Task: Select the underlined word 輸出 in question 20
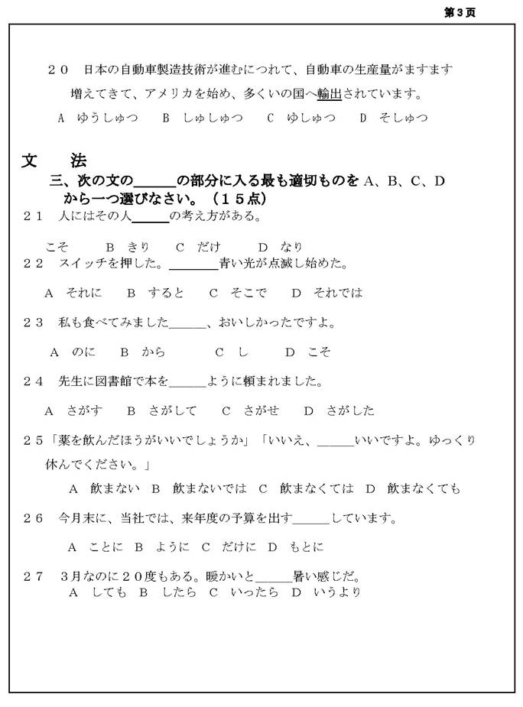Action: click(330, 94)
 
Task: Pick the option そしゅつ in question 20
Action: click(403, 118)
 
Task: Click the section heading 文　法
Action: click(54, 161)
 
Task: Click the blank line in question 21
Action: click(151, 217)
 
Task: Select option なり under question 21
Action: click(291, 247)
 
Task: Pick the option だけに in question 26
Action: click(232, 547)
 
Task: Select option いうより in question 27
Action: click(336, 592)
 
